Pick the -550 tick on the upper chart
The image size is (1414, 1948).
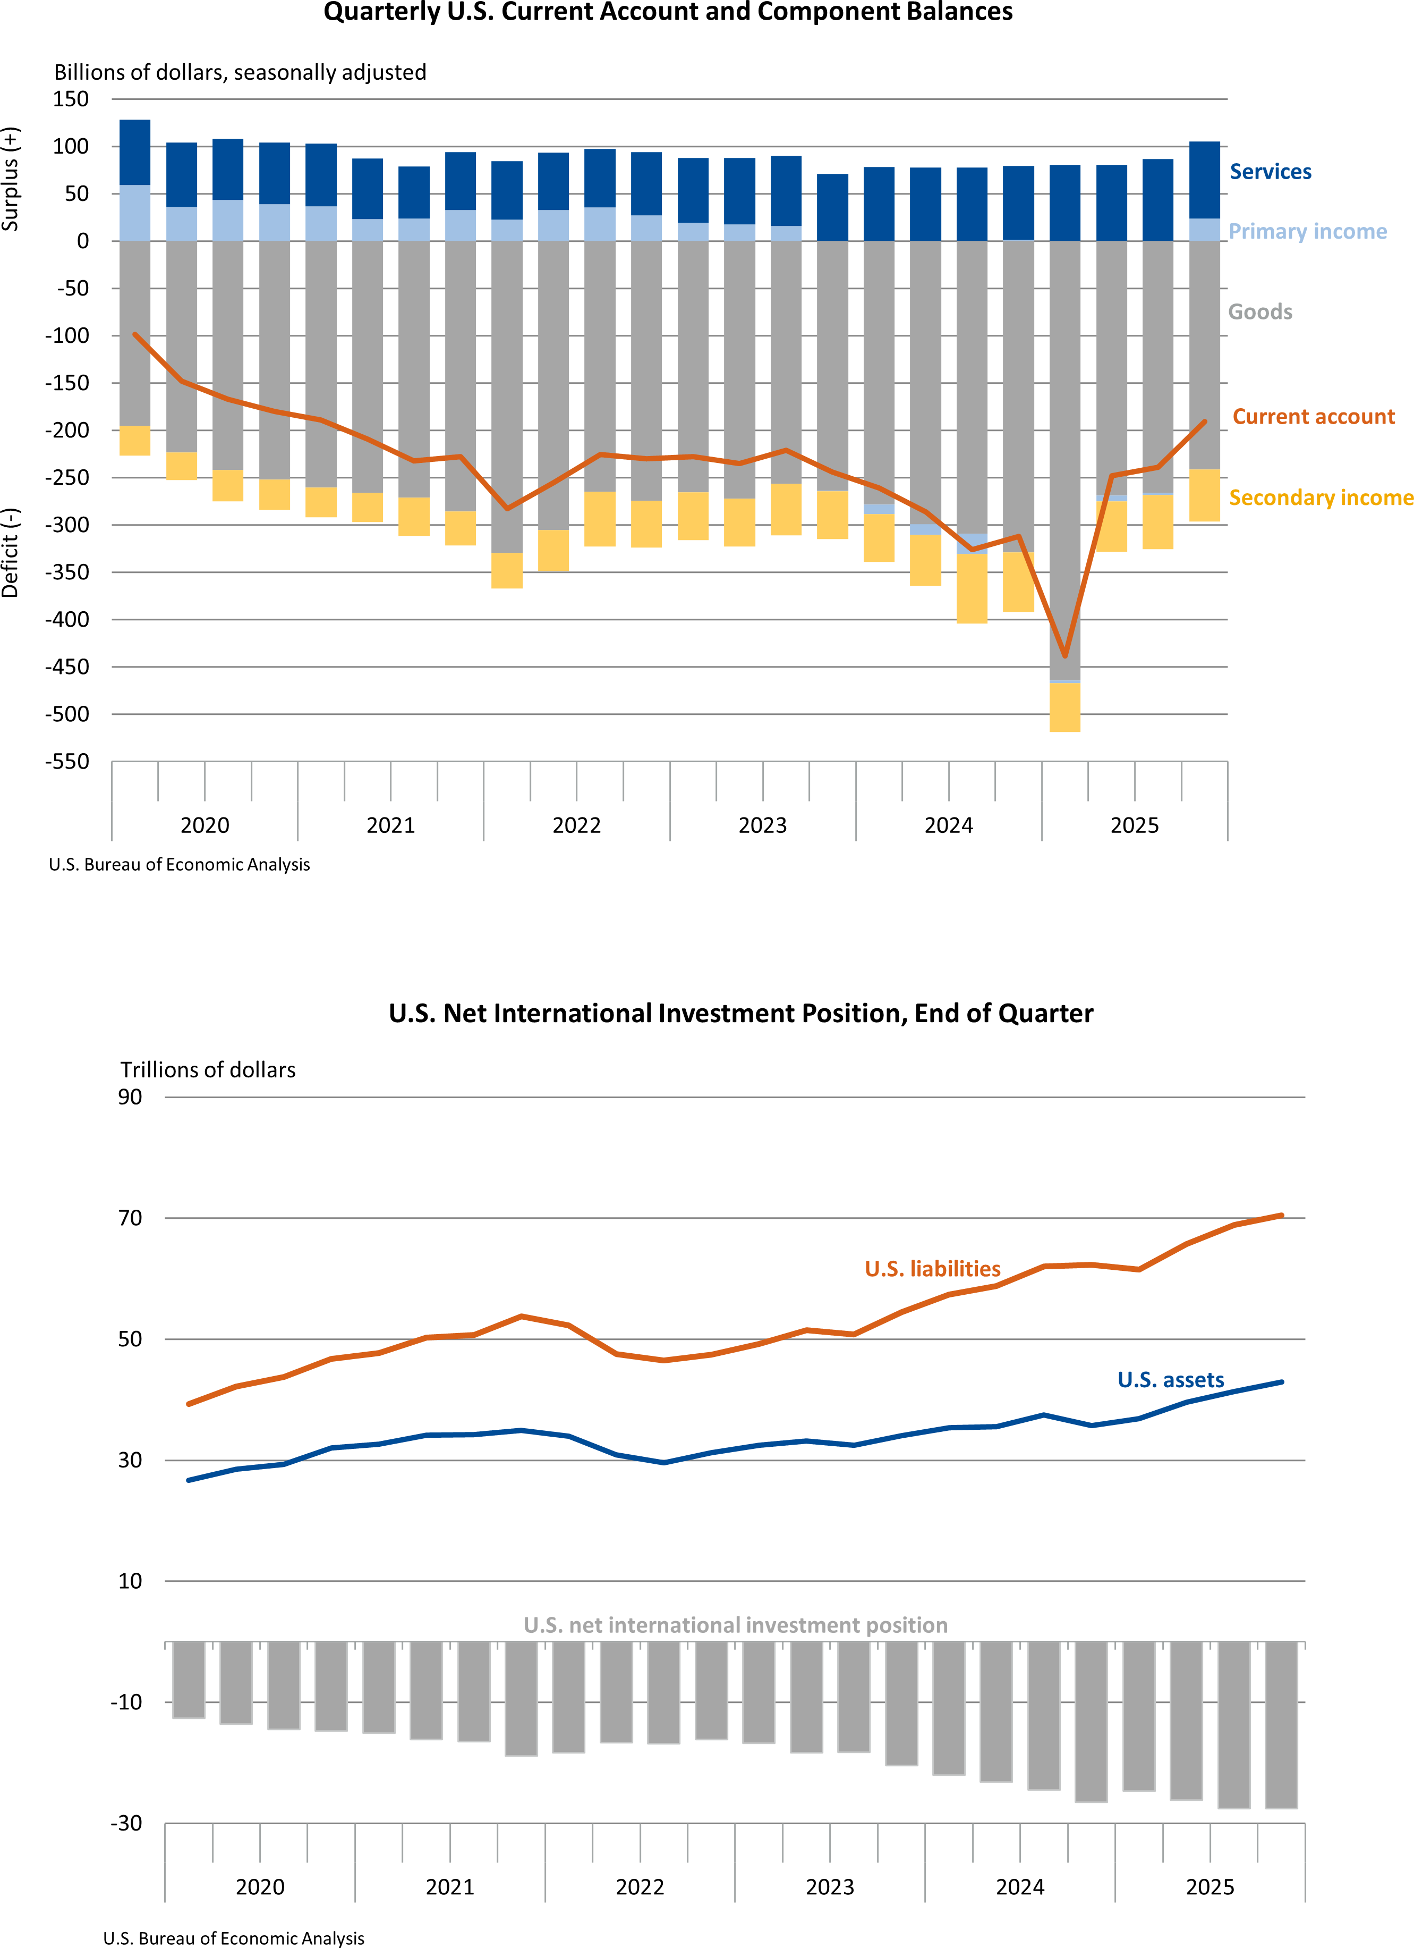pos(67,762)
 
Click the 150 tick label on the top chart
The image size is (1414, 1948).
pos(71,99)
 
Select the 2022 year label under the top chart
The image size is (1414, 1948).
pos(576,825)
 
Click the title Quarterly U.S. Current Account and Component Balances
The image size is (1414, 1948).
pos(668,13)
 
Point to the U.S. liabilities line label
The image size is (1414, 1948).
pos(932,1269)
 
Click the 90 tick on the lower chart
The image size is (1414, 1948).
pos(130,1098)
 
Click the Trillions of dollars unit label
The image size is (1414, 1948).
pos(208,1070)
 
